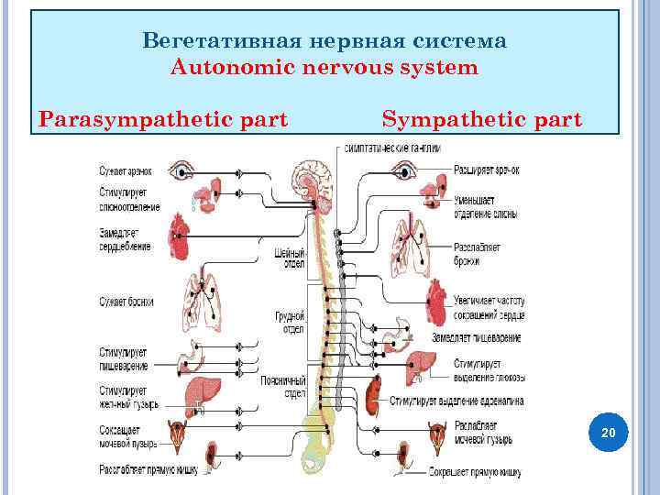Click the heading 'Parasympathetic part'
[x=163, y=119]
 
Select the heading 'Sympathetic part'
[x=481, y=119]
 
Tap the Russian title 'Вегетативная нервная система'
[x=324, y=41]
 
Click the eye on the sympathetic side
[x=401, y=170]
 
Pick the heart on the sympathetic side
[x=436, y=302]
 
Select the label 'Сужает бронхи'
[x=127, y=302]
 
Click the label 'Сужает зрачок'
[x=126, y=170]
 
